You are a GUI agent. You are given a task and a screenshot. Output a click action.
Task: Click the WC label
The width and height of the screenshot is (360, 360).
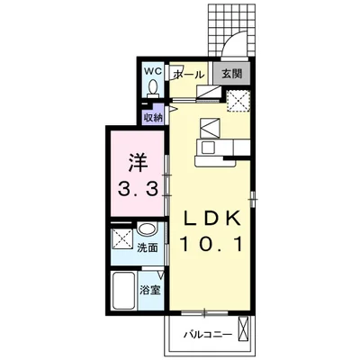click(153, 71)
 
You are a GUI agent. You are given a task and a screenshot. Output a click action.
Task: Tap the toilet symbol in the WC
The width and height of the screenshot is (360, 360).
click(153, 88)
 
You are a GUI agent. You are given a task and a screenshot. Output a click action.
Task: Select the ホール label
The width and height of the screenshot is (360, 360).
click(189, 75)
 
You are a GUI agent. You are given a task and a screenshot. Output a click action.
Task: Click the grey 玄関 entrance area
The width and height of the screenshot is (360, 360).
click(231, 74)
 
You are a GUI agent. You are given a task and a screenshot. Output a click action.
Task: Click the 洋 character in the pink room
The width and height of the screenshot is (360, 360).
click(139, 164)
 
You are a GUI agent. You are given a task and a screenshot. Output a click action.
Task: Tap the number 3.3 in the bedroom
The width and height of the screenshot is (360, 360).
click(138, 189)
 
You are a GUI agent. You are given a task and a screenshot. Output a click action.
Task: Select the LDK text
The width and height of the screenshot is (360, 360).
click(212, 219)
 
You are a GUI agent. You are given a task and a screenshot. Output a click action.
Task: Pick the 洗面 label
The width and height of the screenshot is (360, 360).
click(148, 247)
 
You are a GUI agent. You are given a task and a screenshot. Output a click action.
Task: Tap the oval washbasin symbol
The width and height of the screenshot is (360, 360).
click(147, 229)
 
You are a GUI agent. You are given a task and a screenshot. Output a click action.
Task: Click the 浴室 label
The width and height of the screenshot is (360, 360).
click(150, 290)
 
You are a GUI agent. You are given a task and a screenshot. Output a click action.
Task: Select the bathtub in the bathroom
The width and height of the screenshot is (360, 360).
click(124, 291)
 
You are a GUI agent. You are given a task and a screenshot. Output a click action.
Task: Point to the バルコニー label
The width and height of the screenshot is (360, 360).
click(208, 334)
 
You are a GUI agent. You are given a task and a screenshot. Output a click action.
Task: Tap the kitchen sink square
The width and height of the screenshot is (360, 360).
click(208, 148)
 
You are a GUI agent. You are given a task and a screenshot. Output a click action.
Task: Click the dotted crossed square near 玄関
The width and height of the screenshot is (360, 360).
click(238, 101)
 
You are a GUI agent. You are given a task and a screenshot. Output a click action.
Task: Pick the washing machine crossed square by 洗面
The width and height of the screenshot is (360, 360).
click(121, 238)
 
